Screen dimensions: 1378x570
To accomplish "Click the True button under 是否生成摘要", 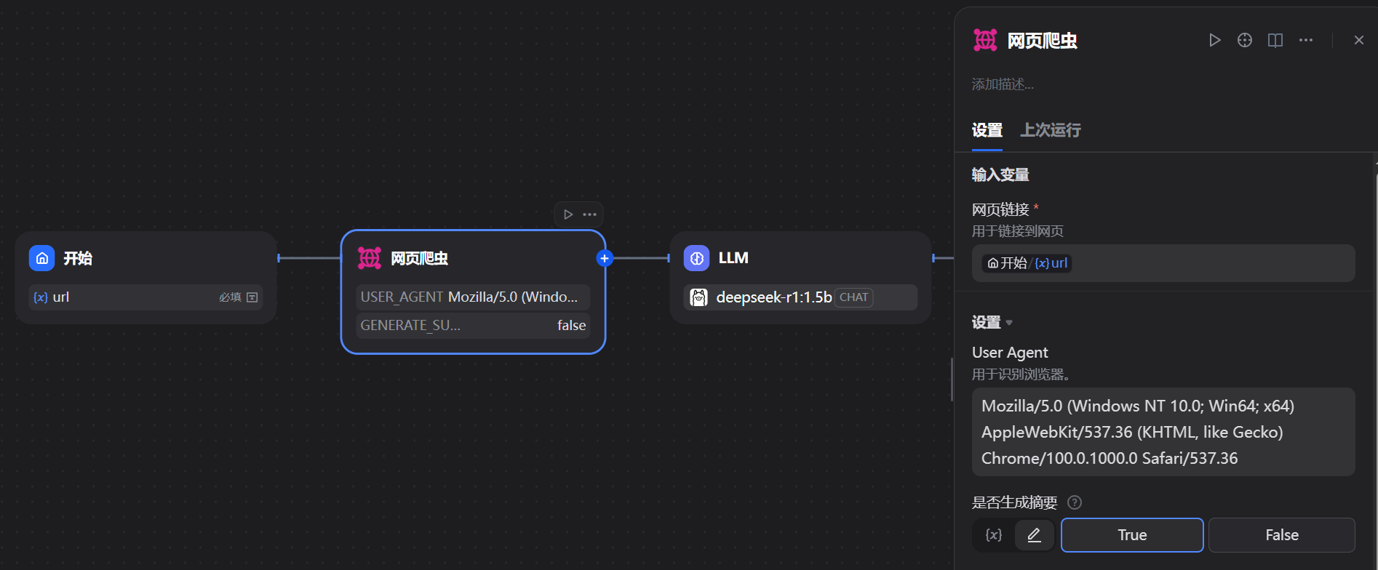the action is pos(1131,535).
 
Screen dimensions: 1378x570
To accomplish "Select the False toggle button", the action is pos(1281,535).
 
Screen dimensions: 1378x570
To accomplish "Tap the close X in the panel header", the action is pos(1358,40).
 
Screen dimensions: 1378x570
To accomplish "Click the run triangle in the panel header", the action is pos(1214,40).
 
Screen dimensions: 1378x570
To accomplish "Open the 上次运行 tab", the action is pos(1050,130).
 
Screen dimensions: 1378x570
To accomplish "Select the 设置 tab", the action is pos(987,130).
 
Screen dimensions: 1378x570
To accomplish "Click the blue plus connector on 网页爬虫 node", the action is pos(605,258).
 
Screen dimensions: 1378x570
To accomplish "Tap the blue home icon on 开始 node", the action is pos(42,258).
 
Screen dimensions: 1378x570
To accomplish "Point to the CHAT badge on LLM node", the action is pos(853,297).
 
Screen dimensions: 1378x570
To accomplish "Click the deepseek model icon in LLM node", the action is pos(698,297).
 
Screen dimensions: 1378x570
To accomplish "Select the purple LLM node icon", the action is pos(696,258).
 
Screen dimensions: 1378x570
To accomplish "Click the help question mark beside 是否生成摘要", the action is pos(1074,502).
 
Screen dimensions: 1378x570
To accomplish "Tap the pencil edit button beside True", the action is pos(1034,535).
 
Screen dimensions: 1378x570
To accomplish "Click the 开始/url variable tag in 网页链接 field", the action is pos(1027,263).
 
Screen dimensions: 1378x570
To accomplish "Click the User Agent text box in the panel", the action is pos(1163,432).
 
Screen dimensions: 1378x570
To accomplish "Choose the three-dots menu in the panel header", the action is pos(1306,40).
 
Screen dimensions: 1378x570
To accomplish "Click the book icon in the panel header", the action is pos(1275,40).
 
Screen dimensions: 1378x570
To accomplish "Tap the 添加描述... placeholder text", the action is pos(1003,84).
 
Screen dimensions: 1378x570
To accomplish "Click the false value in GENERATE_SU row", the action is pos(571,326).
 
